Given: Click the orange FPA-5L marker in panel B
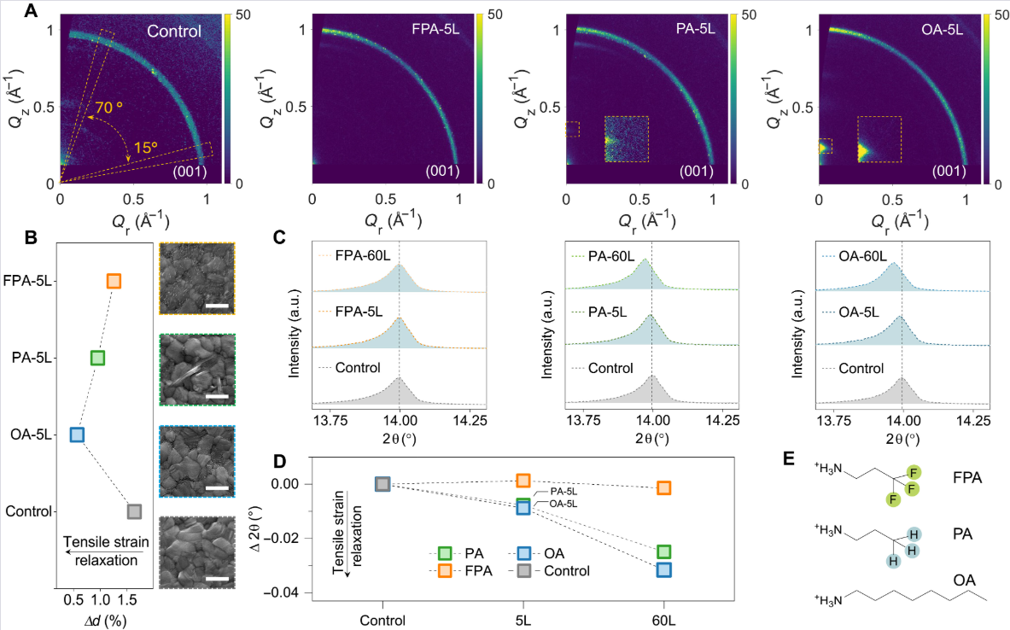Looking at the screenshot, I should (114, 281).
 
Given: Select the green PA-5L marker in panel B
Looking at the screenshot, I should (97, 358).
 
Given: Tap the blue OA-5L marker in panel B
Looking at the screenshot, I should (76, 435).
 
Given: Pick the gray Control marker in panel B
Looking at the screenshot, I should (134, 511).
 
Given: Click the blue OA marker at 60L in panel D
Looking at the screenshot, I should (664, 570).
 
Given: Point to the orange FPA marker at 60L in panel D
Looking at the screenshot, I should (664, 488).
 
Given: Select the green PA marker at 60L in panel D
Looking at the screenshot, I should (664, 551).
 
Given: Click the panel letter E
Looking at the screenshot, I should (790, 459).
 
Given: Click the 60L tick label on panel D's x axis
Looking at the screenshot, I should (664, 621).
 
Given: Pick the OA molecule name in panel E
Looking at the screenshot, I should (964, 580).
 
